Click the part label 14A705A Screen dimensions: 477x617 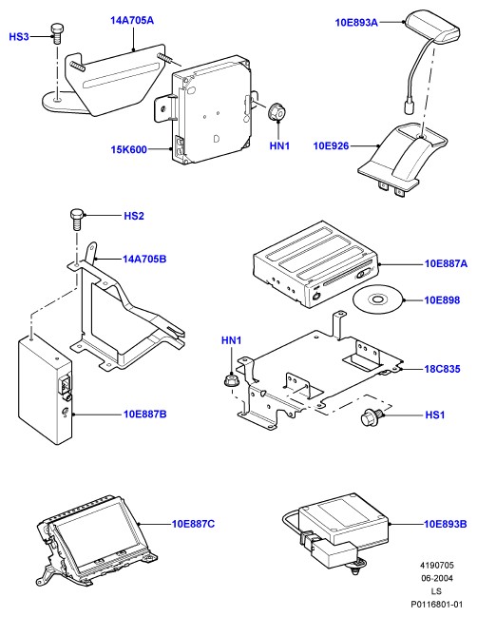(x=132, y=20)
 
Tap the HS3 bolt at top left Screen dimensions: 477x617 (x=57, y=33)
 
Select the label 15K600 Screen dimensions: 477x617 (x=128, y=149)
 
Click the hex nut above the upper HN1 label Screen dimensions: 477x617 (x=277, y=112)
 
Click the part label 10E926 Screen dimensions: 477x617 (x=331, y=146)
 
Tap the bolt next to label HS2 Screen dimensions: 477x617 (x=77, y=220)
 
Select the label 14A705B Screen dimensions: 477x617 (x=144, y=259)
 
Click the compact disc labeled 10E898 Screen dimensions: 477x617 (x=377, y=300)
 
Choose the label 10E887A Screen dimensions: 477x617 (x=446, y=263)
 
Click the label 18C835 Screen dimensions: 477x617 (x=442, y=369)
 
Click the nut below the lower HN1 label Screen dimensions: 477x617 (x=230, y=380)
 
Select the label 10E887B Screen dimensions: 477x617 (x=145, y=414)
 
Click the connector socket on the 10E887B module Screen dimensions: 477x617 (x=65, y=385)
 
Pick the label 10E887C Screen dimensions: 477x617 (x=193, y=524)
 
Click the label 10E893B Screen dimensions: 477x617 (x=445, y=524)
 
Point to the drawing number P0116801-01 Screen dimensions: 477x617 (x=437, y=604)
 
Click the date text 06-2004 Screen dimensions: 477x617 (x=437, y=578)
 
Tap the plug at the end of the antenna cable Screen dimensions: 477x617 (x=408, y=106)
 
